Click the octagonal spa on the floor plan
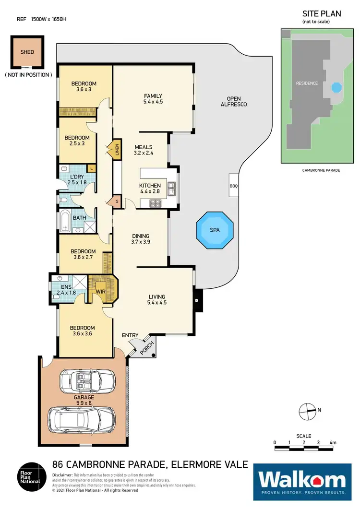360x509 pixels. tap(215, 230)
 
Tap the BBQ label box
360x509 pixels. tap(234, 186)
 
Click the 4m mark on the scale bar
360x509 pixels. tap(333, 442)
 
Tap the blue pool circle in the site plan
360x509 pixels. tap(336, 88)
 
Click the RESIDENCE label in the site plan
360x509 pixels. tap(307, 83)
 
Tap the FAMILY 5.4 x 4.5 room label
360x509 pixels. tap(153, 99)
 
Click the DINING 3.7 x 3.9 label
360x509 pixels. tap(141, 239)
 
